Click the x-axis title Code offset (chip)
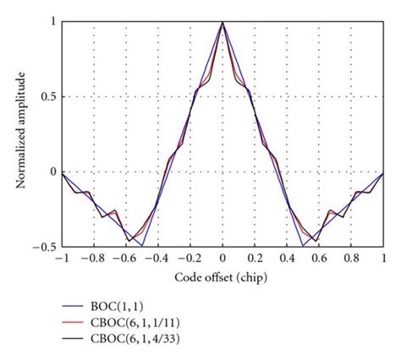click(x=222, y=278)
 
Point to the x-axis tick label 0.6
click(x=320, y=259)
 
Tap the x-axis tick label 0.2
click(x=255, y=259)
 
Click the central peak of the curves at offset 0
click(x=222, y=23)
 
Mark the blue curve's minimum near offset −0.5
click(x=141, y=246)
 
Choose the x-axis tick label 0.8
click(x=352, y=259)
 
